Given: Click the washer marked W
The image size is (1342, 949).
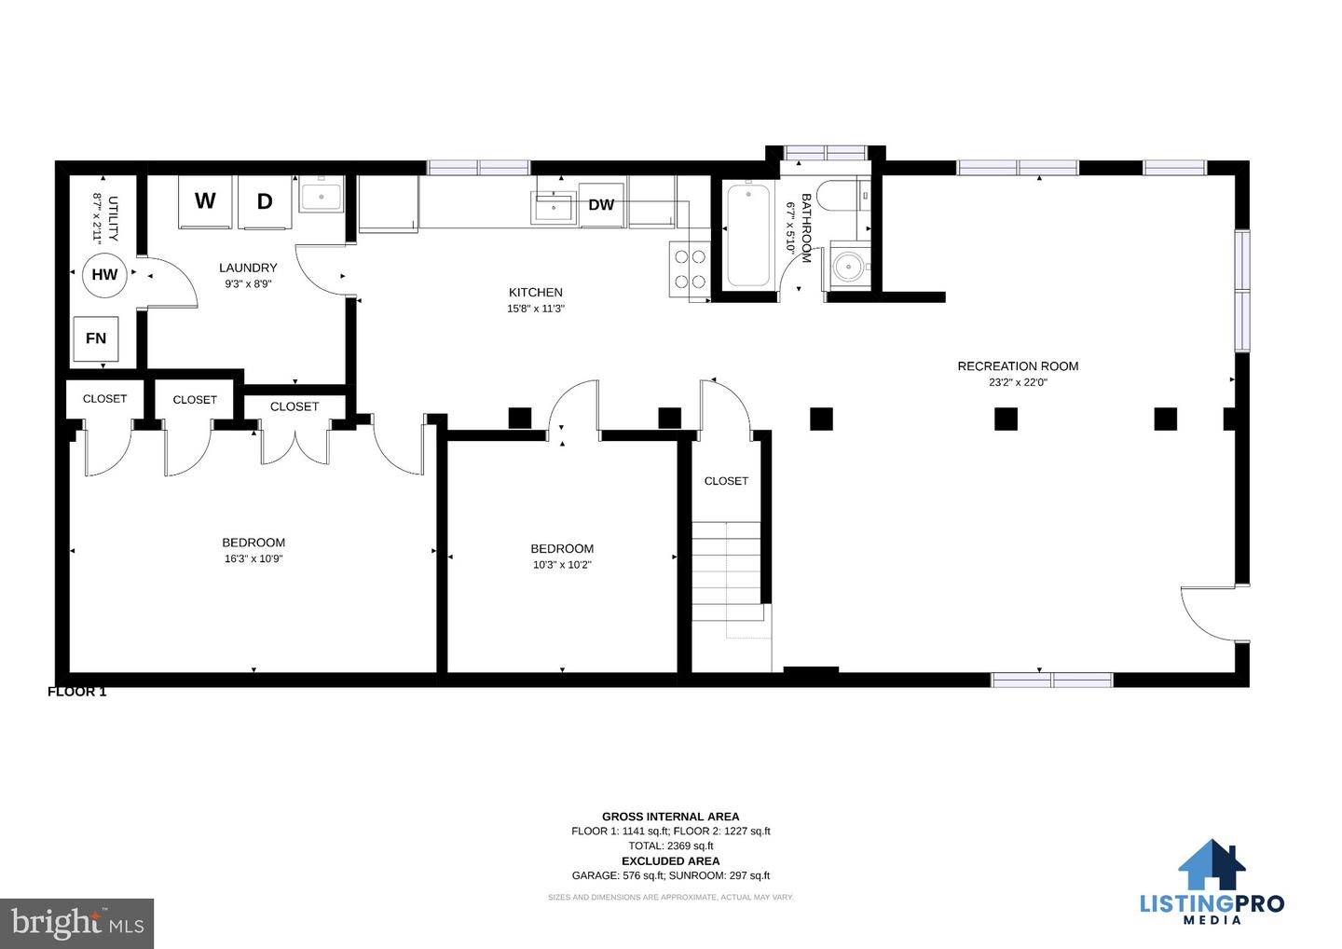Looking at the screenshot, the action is [205, 202].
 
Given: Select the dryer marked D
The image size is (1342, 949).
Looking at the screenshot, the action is [265, 202].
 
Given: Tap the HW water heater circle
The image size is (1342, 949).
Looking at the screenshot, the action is [104, 275].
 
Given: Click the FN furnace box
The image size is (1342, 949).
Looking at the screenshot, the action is [96, 338].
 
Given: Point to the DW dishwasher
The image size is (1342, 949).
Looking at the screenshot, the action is [601, 205].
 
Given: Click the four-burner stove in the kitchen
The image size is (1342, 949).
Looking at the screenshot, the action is [690, 269].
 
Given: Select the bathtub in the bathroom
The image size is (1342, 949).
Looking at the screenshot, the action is [748, 235].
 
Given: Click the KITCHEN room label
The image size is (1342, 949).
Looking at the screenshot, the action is [536, 293].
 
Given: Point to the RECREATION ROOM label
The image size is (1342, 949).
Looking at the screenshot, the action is [1018, 366].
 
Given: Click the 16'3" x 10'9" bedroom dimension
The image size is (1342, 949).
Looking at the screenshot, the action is [253, 559].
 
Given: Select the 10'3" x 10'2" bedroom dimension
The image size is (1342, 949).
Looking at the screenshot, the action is [562, 565].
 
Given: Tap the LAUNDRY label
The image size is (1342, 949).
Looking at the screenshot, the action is [248, 268].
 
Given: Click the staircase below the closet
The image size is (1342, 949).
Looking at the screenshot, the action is [727, 571].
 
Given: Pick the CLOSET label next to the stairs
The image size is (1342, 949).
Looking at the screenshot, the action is [726, 481].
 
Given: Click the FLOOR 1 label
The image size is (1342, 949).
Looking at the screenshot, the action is [76, 692].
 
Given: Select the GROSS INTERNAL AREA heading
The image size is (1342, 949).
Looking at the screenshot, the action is [670, 817].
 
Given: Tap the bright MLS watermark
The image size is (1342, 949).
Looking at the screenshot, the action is [77, 923].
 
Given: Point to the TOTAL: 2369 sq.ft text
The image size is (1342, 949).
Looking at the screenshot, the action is [670, 846].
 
